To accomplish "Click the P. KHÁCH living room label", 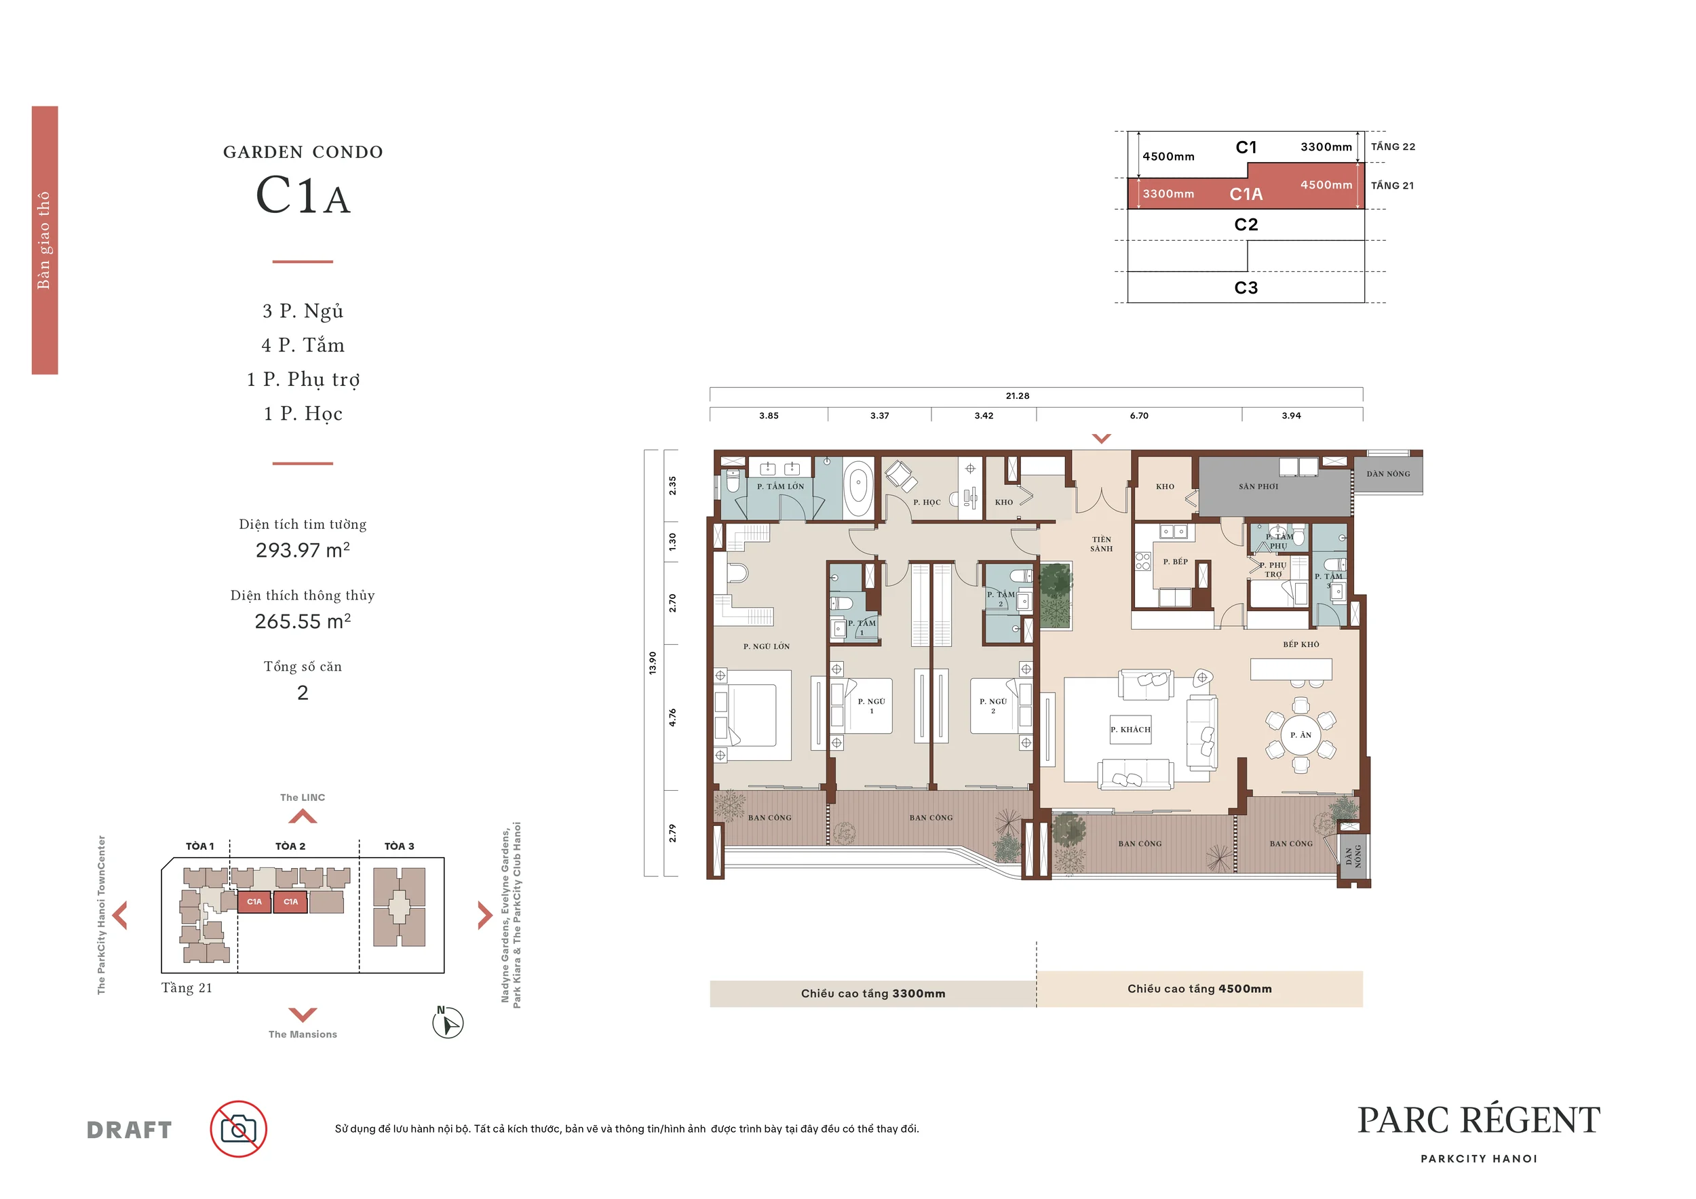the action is pos(1130,730).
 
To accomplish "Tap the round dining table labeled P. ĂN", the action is pos(1300,734).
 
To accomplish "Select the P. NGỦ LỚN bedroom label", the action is pos(766,647).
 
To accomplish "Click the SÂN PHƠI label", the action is pos(1258,486).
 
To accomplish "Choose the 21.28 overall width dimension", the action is pos(1017,396).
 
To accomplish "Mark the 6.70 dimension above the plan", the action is pos(1138,416).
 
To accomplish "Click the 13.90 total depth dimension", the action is pos(652,663).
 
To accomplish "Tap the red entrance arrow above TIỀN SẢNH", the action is pos(1100,439).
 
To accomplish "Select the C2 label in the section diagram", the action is pos(1246,224).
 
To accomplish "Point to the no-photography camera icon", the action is pos(238,1129).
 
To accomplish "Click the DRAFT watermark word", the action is pos(130,1130).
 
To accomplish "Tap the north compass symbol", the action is pos(448,1023).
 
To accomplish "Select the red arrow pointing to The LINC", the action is pos(302,817).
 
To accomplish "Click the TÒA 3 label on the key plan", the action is pos(399,846).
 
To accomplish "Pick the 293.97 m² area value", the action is pos(303,550).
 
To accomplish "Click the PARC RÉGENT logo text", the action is pos(1479,1120).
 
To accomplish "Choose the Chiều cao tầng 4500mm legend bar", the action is pos(1199,989).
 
